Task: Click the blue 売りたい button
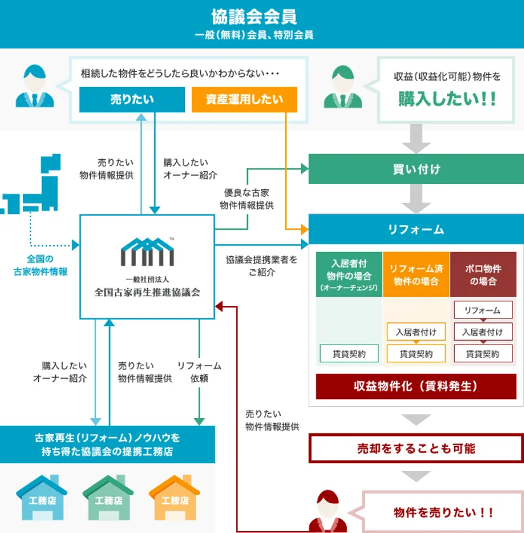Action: pyautogui.click(x=132, y=99)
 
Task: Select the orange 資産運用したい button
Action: pyautogui.click(x=245, y=99)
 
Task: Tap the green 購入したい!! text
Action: pyautogui.click(x=447, y=99)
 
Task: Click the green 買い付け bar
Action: pyautogui.click(x=416, y=169)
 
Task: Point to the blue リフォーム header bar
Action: pyautogui.click(x=416, y=229)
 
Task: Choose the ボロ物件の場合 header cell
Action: pyautogui.click(x=483, y=274)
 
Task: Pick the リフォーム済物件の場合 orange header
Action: pyautogui.click(x=416, y=274)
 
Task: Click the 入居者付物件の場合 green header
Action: pyautogui.click(x=349, y=274)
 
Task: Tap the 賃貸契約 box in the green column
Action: pyautogui.click(x=349, y=353)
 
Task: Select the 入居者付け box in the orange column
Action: pyautogui.click(x=416, y=331)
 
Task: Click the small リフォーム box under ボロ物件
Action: pyautogui.click(x=483, y=310)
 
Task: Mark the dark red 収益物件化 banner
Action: pyautogui.click(x=416, y=386)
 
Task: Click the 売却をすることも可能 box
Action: pyautogui.click(x=416, y=449)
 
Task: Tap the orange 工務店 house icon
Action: pyautogui.click(x=175, y=497)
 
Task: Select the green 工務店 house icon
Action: pyautogui.click(x=108, y=497)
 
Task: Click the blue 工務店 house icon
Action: pyautogui.click(x=41, y=497)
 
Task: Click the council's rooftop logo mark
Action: pyautogui.click(x=147, y=251)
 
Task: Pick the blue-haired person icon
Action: pyautogui.click(x=35, y=86)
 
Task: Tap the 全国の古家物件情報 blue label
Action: pyautogui.click(x=40, y=265)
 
